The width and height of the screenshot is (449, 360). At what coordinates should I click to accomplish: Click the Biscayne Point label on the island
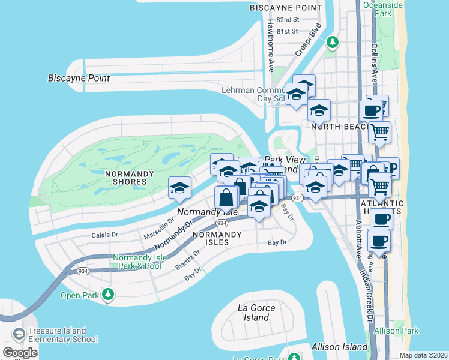point(79,78)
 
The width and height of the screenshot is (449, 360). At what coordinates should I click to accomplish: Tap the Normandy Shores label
point(126,178)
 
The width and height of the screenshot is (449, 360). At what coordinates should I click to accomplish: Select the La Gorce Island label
point(256,313)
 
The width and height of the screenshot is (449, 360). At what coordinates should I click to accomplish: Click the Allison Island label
point(339,347)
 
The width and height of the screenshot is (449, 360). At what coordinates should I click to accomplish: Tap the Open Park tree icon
point(108,294)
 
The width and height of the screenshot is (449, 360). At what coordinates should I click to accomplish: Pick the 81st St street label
point(286,31)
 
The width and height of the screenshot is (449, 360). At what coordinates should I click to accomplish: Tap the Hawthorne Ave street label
point(271,46)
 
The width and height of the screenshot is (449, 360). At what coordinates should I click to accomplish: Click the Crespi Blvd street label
point(306,41)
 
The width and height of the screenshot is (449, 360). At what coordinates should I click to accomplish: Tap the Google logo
point(19,353)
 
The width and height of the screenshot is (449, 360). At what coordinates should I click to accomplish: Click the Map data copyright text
point(423,356)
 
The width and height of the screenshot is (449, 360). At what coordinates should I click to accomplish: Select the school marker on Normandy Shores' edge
point(179,188)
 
